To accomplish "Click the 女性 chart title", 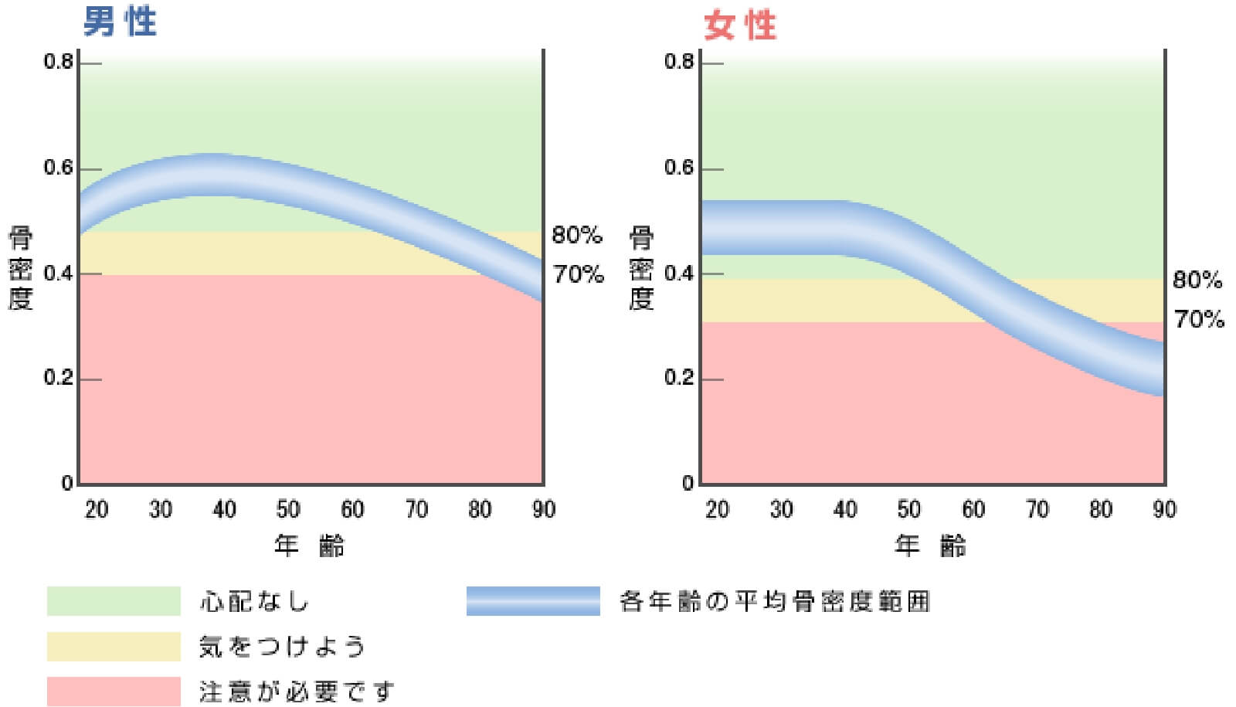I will pyautogui.click(x=739, y=25).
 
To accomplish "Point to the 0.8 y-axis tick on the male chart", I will pyautogui.click(x=59, y=62).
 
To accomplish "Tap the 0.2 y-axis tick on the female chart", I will pyautogui.click(x=679, y=379).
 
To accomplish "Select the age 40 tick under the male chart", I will pyautogui.click(x=224, y=509).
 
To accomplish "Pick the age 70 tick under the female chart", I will pyautogui.click(x=1037, y=509).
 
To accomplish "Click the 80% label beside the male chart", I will pyautogui.click(x=576, y=235).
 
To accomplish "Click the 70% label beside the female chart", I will pyautogui.click(x=1199, y=318).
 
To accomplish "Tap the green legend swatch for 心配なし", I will pyautogui.click(x=114, y=601).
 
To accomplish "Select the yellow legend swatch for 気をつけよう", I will pyautogui.click(x=114, y=647).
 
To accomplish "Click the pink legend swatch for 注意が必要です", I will pyautogui.click(x=114, y=692).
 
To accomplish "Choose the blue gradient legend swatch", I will pyautogui.click(x=533, y=601).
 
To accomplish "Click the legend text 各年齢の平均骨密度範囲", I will pyautogui.click(x=775, y=601).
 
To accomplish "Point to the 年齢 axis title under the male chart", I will pyautogui.click(x=309, y=546).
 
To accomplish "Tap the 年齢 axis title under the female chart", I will pyautogui.click(x=930, y=546).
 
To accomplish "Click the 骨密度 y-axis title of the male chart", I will pyautogui.click(x=21, y=268).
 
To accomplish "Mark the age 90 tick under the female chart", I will pyautogui.click(x=1163, y=509).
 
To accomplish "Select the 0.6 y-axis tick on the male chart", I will pyautogui.click(x=59, y=168).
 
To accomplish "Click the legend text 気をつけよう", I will pyautogui.click(x=282, y=647).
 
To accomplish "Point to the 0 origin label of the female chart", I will pyautogui.click(x=688, y=484).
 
